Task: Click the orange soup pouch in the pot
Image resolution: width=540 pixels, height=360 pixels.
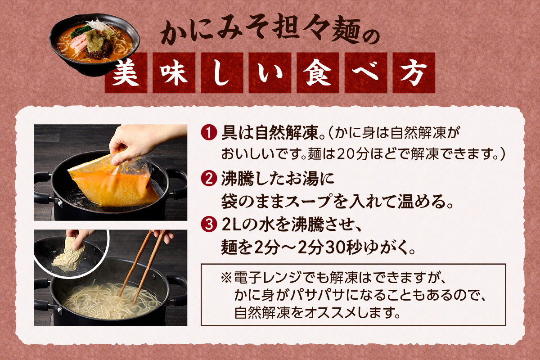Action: tap(112, 180)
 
